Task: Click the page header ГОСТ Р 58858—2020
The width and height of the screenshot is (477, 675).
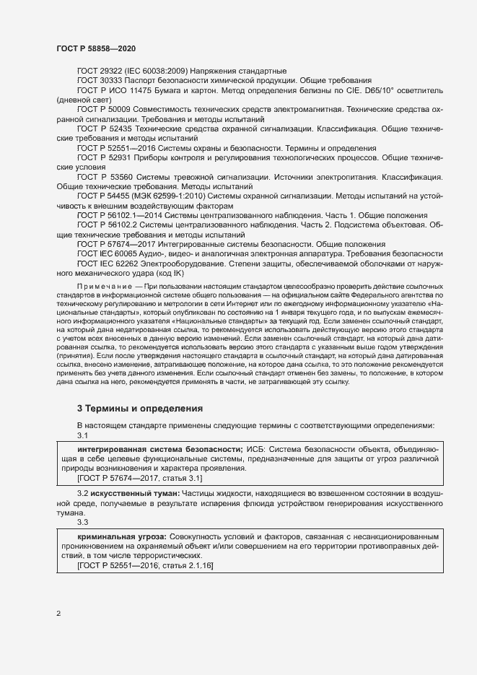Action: click(x=95, y=48)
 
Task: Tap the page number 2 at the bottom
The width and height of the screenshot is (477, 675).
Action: click(x=58, y=614)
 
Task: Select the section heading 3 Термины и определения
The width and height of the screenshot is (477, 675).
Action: click(x=140, y=409)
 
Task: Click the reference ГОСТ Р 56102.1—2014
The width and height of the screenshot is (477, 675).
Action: click(x=119, y=215)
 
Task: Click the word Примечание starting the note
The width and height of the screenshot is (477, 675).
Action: click(x=104, y=287)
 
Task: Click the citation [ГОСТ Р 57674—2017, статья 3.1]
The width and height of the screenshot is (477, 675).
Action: click(x=139, y=478)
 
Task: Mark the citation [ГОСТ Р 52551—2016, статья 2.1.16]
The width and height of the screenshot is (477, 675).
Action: click(x=144, y=566)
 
